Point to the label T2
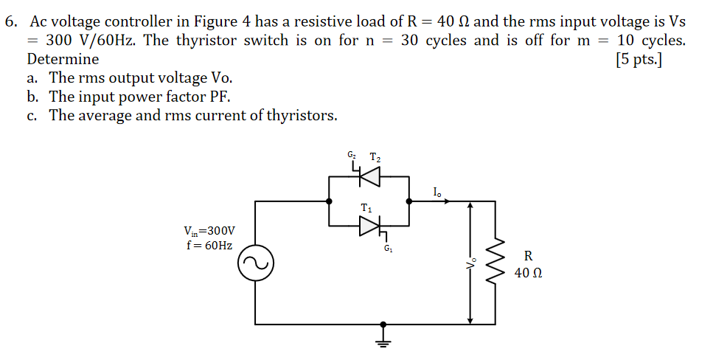coord(375,156)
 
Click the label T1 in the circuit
coord(366,208)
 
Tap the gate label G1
coord(388,248)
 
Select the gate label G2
coord(352,155)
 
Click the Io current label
coord(437,193)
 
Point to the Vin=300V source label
coord(210,231)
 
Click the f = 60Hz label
coord(209,245)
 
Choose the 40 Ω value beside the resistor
coord(529,273)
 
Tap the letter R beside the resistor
coord(528,256)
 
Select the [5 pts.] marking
coord(638,59)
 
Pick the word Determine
coord(63,59)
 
